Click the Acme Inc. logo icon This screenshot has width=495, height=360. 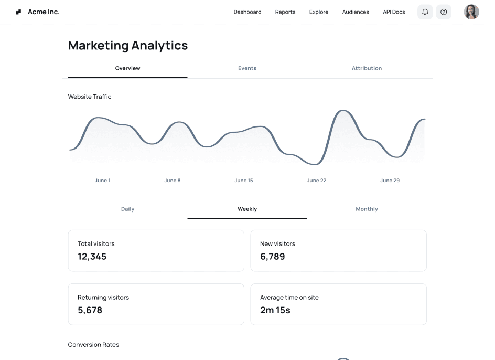(x=19, y=12)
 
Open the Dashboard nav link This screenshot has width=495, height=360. (x=247, y=12)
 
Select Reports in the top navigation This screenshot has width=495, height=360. (x=285, y=12)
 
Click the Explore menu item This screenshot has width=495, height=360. (x=319, y=12)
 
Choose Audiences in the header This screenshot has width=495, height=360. (x=356, y=12)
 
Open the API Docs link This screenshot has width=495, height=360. (x=394, y=12)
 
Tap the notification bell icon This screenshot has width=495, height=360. (x=425, y=12)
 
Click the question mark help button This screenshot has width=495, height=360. (x=444, y=12)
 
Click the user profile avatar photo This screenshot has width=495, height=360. (x=471, y=12)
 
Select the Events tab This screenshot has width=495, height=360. (x=247, y=68)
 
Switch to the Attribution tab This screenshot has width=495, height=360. (x=367, y=68)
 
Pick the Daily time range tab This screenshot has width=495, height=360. (x=127, y=209)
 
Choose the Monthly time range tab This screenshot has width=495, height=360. (x=367, y=209)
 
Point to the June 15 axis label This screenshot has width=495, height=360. (x=244, y=181)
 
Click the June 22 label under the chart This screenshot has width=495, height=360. (x=317, y=181)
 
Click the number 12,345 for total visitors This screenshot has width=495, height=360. (x=92, y=257)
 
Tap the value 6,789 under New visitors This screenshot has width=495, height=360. (x=273, y=257)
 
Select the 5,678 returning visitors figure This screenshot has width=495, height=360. (x=90, y=310)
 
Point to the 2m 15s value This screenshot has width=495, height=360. (x=275, y=310)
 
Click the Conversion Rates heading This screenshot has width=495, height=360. (x=93, y=345)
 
